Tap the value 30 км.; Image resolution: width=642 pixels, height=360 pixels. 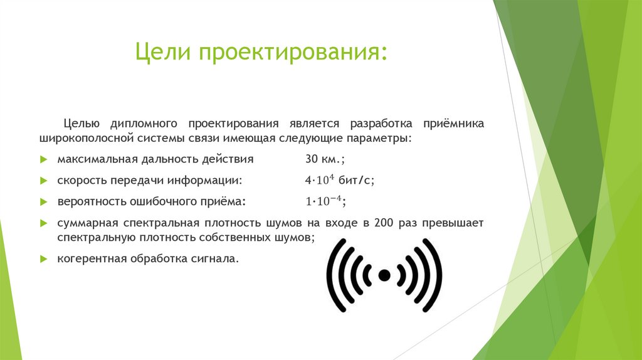tap(324, 159)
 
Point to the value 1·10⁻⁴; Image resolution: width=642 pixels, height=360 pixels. tap(325, 202)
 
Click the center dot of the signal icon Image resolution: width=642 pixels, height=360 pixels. tap(384, 275)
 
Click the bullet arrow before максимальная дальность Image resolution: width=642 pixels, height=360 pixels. tap(43, 160)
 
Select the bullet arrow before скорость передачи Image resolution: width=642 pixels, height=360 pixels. tap(43, 181)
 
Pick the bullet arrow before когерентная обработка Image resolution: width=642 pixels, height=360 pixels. tap(43, 259)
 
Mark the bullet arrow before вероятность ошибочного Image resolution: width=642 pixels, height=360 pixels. tap(43, 202)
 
